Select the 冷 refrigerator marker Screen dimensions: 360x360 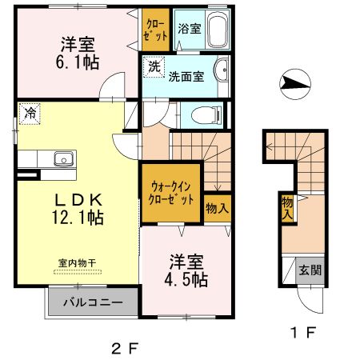(29, 113)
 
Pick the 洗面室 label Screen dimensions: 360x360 (185, 77)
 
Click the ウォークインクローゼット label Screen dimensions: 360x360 (172, 193)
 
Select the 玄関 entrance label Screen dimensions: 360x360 (311, 270)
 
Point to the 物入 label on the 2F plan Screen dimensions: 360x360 (218, 207)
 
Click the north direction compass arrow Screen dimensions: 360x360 (294, 82)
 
